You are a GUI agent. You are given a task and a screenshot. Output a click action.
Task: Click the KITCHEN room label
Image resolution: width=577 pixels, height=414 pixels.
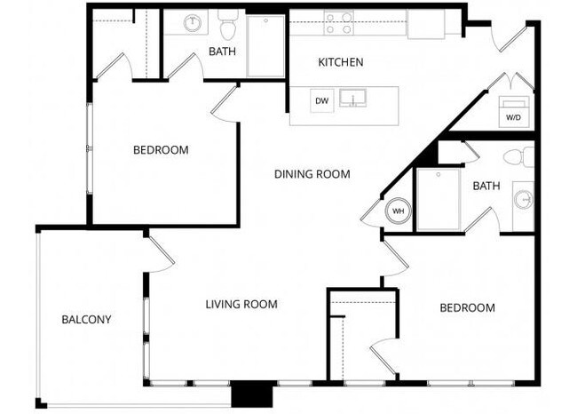tap(341, 62)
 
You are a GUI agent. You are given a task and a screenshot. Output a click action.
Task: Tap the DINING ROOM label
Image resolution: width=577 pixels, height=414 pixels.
tap(312, 174)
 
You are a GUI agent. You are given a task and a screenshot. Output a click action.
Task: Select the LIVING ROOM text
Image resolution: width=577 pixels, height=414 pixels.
tap(241, 305)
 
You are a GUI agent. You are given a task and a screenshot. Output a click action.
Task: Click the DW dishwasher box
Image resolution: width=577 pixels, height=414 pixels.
tap(322, 101)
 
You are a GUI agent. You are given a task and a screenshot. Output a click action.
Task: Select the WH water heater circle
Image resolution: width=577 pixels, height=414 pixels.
tap(398, 212)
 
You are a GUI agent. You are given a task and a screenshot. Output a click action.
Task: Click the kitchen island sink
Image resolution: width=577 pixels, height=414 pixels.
tap(360, 97)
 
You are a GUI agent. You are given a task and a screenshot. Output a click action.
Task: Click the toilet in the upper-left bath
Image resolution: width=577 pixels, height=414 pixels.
tap(228, 27)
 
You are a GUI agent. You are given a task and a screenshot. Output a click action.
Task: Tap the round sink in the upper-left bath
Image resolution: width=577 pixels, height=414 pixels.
tap(193, 24)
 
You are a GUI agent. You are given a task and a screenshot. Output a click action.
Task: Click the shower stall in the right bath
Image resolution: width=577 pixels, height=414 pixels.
tap(439, 200)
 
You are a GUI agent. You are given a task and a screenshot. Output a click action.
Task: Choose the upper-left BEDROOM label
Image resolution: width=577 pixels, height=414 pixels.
tap(161, 150)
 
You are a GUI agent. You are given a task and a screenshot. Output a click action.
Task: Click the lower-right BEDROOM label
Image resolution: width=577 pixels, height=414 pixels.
tap(467, 308)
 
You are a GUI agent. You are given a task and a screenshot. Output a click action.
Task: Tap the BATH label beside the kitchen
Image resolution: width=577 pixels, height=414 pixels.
tap(222, 52)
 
